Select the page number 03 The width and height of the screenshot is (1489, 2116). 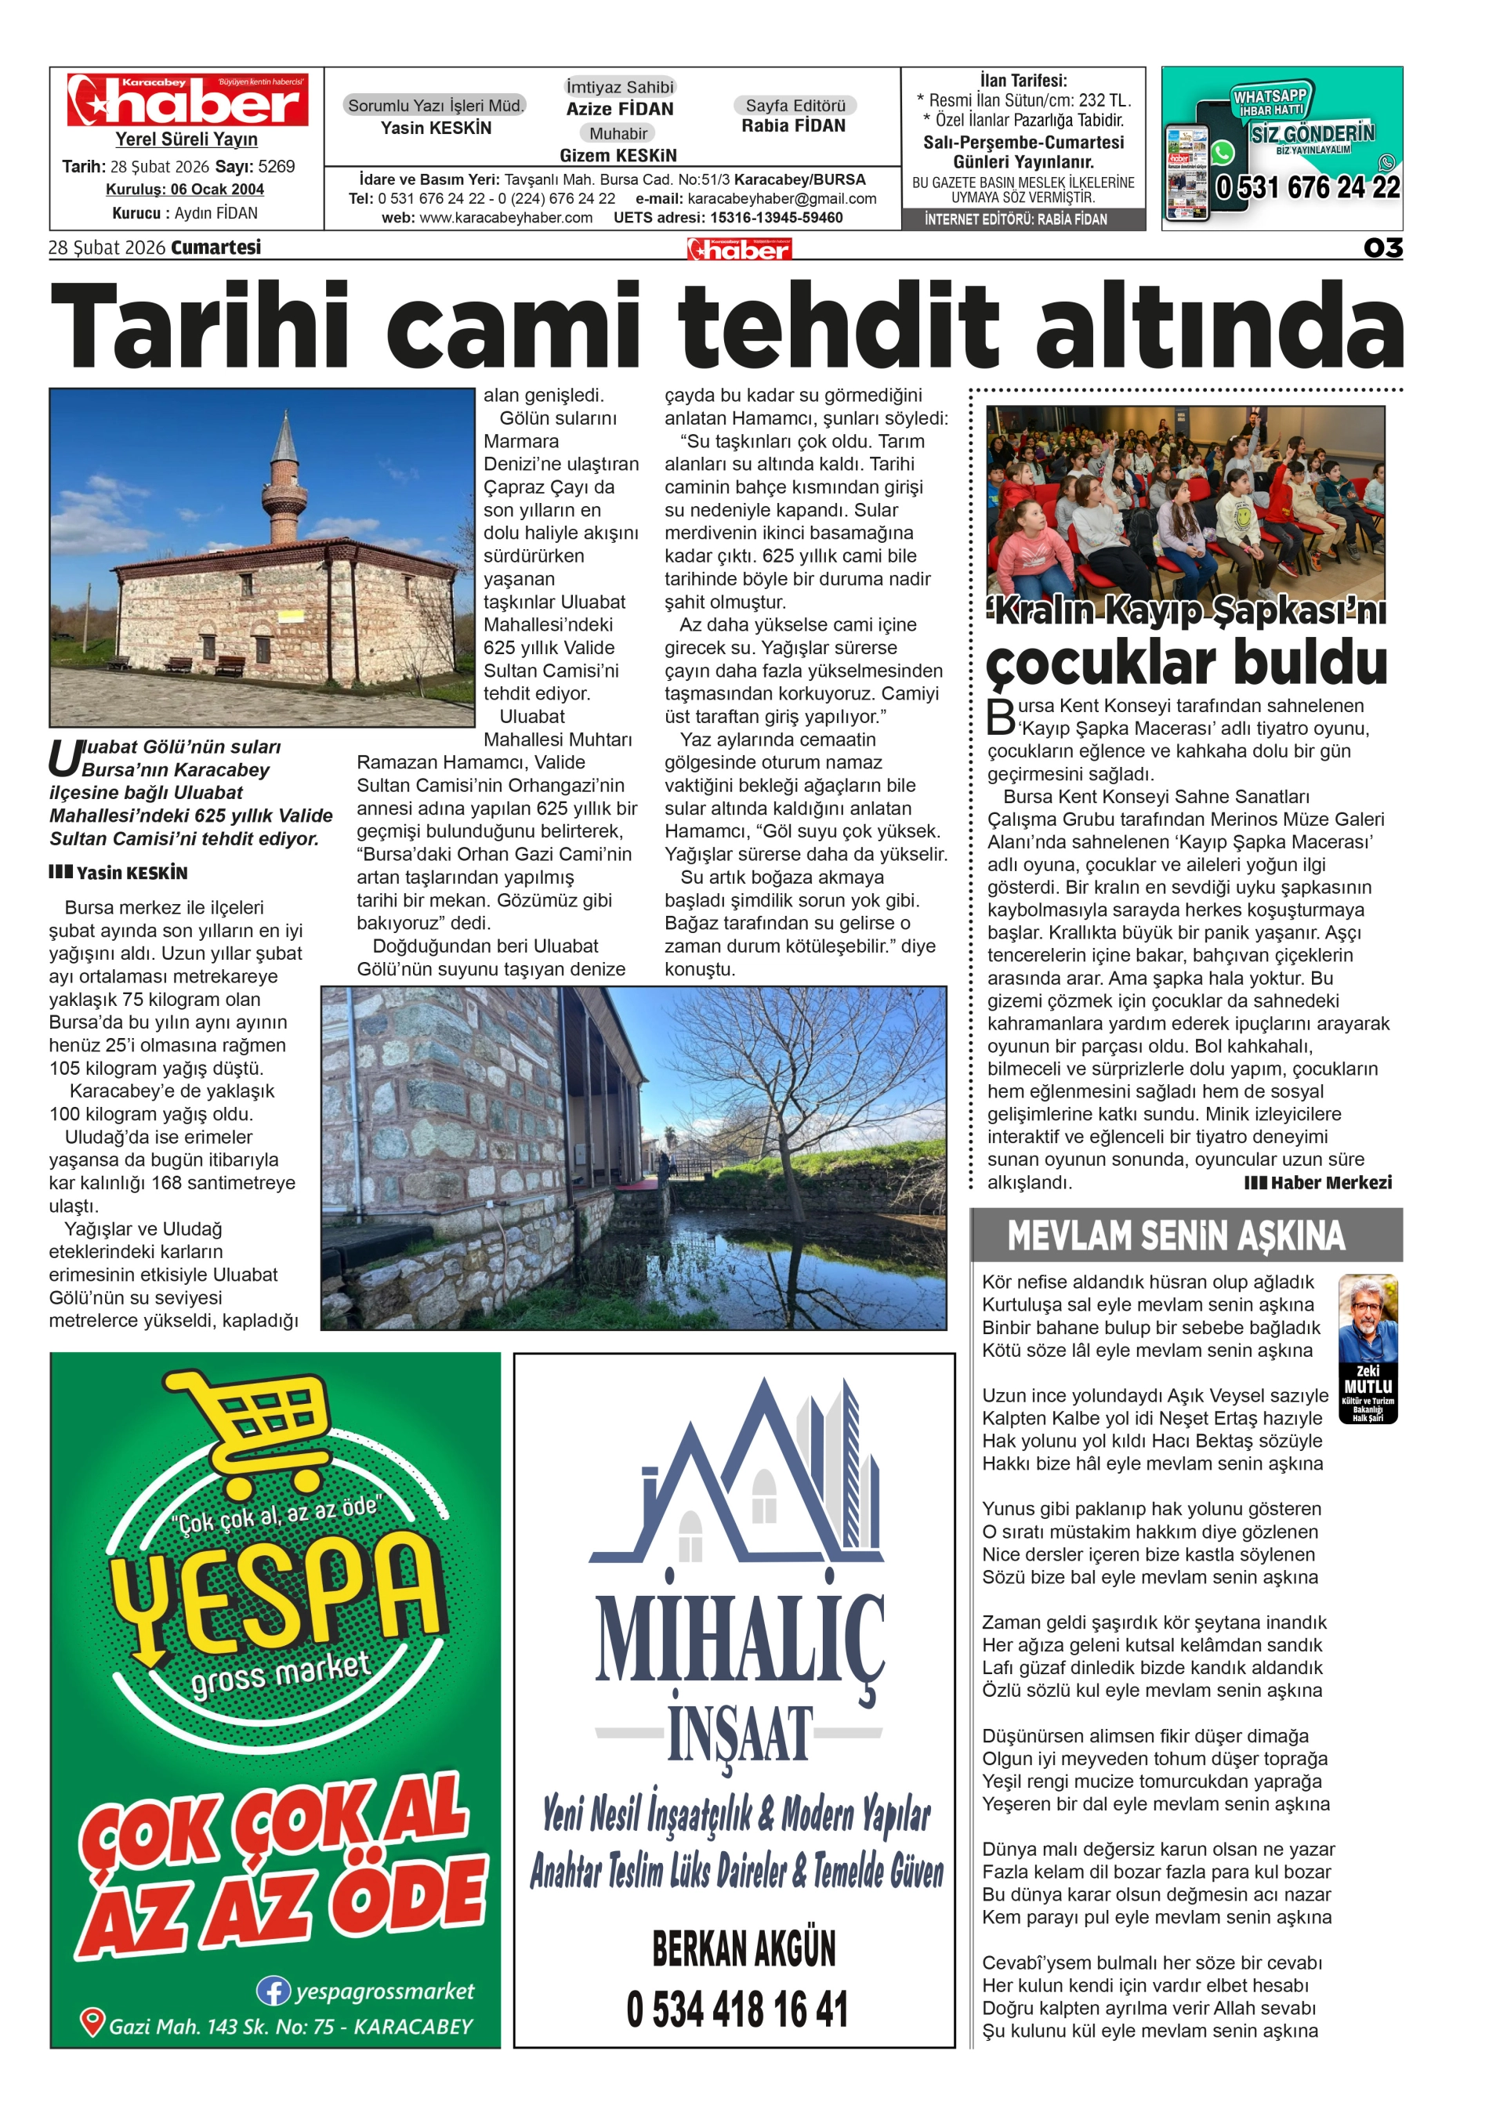1382,248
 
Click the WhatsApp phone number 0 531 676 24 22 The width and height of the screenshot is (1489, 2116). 1307,188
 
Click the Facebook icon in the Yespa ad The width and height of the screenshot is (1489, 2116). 273,1991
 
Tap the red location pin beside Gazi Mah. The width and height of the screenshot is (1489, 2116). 91,2022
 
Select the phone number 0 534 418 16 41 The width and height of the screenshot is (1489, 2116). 737,2009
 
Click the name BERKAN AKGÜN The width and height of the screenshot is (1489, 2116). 743,1948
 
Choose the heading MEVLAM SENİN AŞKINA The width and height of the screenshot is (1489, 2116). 1176,1236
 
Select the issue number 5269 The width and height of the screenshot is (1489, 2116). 277,167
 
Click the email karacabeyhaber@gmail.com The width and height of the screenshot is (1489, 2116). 782,199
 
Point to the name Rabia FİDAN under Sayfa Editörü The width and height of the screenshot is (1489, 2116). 793,126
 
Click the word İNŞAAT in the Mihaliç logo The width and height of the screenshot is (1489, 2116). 740,1734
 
